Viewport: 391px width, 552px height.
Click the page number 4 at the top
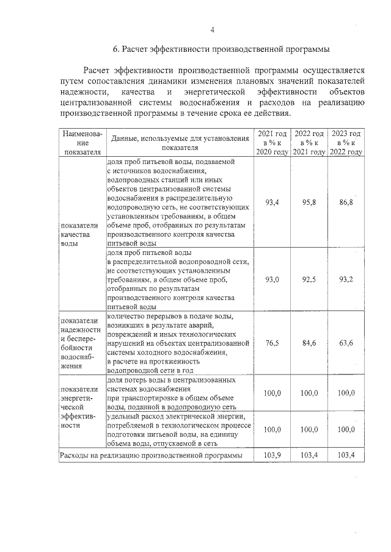(213, 30)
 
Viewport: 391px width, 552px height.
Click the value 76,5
(272, 343)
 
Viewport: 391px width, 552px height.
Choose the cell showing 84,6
(309, 343)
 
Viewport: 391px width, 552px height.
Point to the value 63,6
(346, 343)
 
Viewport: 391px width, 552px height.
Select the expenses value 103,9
(272, 455)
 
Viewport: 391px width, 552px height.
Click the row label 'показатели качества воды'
(76, 234)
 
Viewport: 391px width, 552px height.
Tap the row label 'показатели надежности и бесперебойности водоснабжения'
(80, 343)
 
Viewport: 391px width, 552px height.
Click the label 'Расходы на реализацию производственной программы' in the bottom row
(150, 455)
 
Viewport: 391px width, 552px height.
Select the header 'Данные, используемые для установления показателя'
(180, 143)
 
